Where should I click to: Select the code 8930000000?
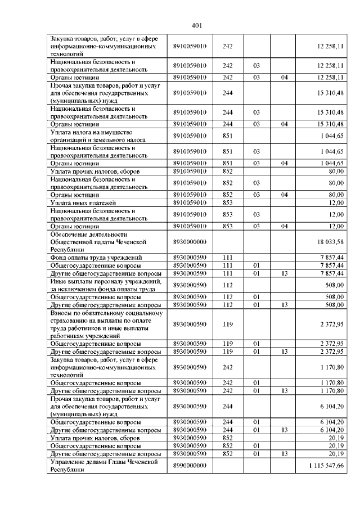[190, 241]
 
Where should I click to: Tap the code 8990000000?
[190, 466]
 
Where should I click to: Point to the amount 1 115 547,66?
[326, 466]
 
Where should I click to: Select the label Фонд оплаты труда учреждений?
[92, 257]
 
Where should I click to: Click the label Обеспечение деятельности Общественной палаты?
[99, 241]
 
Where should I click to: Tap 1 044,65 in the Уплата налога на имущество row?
[332, 136]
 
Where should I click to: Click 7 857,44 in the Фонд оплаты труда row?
[332, 257]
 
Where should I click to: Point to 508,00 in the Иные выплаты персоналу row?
[335, 285]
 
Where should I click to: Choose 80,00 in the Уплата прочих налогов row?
[336, 171]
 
